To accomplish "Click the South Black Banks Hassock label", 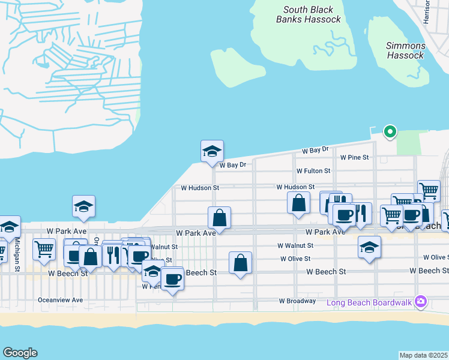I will pyautogui.click(x=309, y=14).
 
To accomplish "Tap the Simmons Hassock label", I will pyautogui.click(x=406, y=50).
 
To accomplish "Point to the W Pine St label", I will pyautogui.click(x=354, y=157).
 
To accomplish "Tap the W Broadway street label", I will pyautogui.click(x=297, y=301).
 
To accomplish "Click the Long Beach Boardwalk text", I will pyautogui.click(x=369, y=302).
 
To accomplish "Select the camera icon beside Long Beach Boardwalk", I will pyautogui.click(x=421, y=301).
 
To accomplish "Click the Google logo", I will pyautogui.click(x=20, y=353).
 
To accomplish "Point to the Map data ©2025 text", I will pyautogui.click(x=423, y=355).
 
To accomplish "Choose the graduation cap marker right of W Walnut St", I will pyautogui.click(x=369, y=246).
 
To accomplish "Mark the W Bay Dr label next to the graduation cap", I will pyautogui.click(x=233, y=165).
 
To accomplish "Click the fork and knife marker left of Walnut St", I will pyautogui.click(x=113, y=254).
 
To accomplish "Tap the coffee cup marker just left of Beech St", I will pyautogui.click(x=173, y=278).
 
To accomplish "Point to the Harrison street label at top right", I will pyautogui.click(x=427, y=12).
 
